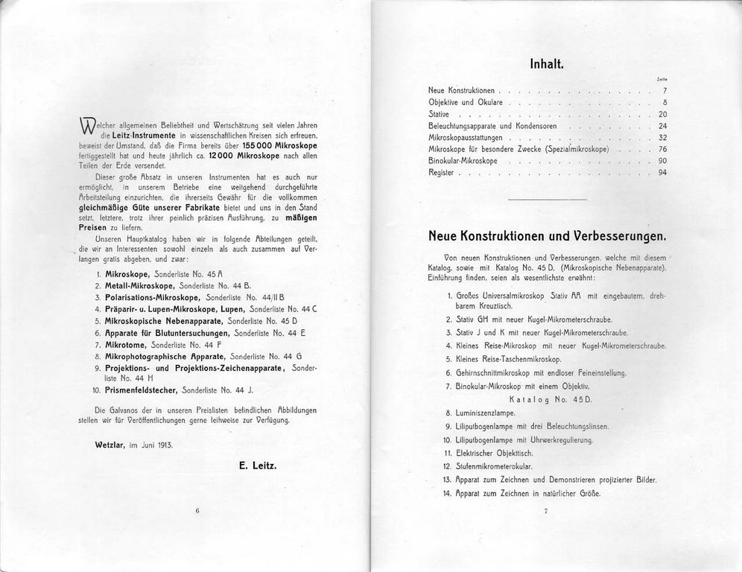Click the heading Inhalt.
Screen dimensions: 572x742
(546, 64)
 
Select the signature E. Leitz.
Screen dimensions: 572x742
(258, 465)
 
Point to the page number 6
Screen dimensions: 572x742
(198, 511)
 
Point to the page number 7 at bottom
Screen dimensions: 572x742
(546, 511)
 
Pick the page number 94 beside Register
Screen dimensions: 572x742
(662, 173)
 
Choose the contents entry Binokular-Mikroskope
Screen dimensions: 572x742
(463, 161)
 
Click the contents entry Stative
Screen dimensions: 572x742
(439, 114)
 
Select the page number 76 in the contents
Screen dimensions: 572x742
(662, 150)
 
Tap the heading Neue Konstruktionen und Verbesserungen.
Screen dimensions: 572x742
(547, 236)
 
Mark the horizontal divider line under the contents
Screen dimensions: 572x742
(546, 200)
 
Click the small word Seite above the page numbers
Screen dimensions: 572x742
(662, 79)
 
